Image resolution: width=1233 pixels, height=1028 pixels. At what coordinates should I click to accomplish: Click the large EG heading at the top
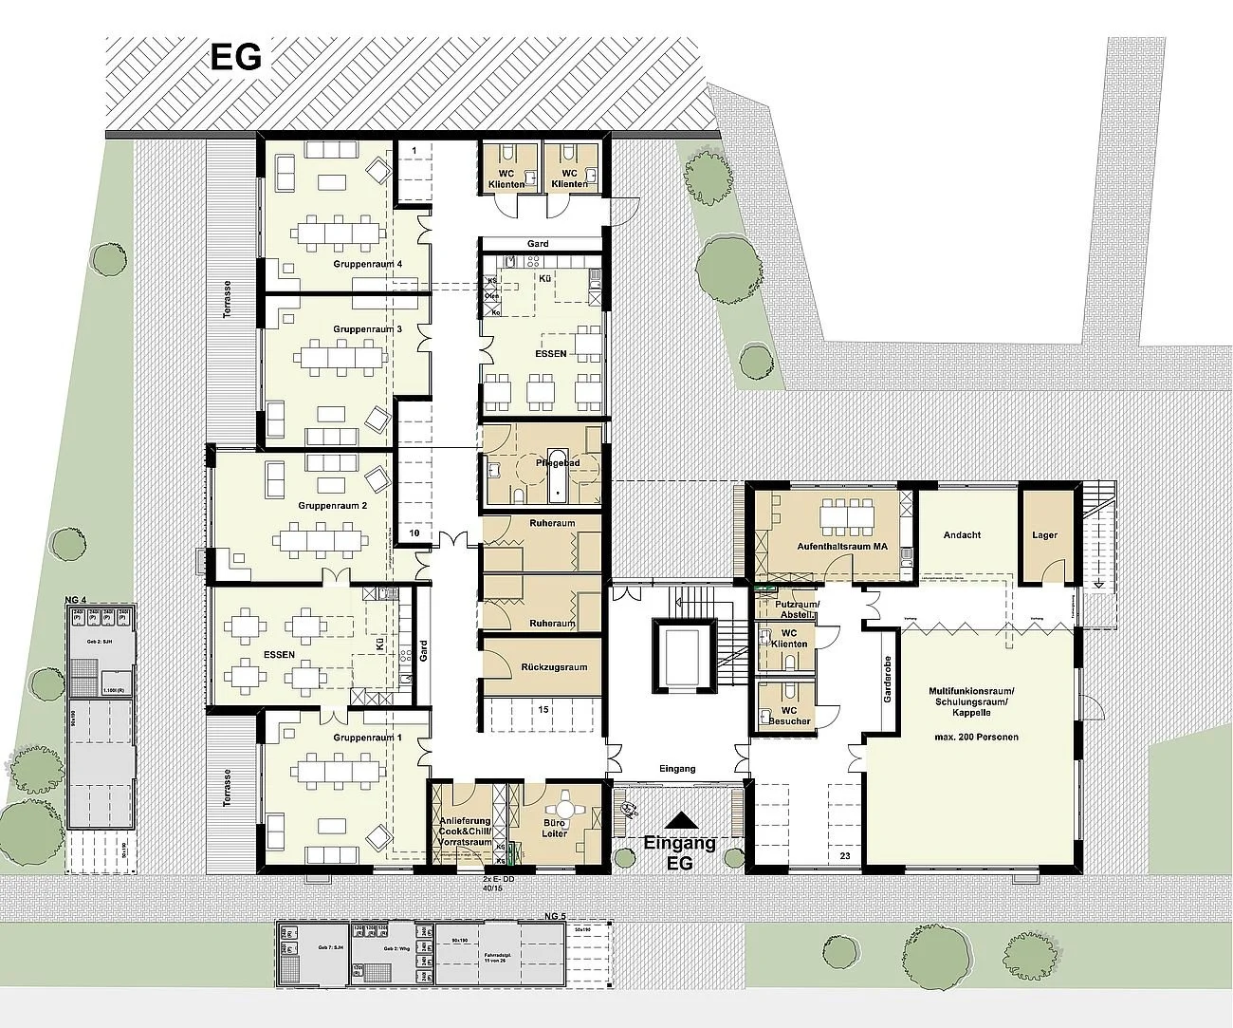tap(235, 58)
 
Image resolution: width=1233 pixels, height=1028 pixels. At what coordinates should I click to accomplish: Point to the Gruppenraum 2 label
tap(332, 506)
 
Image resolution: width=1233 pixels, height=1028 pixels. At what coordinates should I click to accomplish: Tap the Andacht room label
tap(962, 535)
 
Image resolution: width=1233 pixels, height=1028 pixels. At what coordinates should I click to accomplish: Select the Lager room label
tap(1044, 535)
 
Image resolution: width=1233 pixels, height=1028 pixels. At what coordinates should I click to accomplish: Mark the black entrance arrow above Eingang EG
tap(680, 821)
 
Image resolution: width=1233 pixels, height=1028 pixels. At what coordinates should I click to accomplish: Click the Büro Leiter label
tap(554, 829)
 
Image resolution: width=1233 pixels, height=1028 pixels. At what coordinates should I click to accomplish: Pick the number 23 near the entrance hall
tap(845, 857)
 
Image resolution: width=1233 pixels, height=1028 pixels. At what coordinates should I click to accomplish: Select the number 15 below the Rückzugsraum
tap(543, 709)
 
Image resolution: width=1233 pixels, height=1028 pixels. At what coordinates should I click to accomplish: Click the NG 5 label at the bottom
tap(555, 916)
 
